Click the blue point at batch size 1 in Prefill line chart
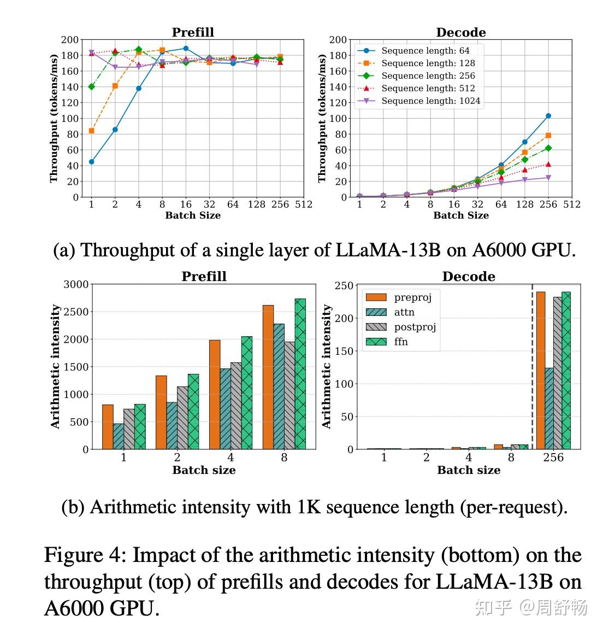click(91, 162)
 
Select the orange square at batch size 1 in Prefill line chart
click(91, 131)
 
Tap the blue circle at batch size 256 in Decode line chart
click(548, 116)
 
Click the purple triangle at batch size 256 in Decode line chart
click(548, 178)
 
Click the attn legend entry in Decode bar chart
click(404, 312)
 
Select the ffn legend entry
click(401, 342)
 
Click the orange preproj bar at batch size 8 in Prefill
click(268, 377)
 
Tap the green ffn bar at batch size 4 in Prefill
click(247, 392)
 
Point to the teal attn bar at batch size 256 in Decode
click(549, 408)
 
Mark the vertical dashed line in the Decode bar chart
click(533, 366)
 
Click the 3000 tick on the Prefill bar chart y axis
click(75, 284)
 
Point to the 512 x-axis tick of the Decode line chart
click(572, 204)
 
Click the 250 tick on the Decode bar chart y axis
click(345, 285)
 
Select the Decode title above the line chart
click(460, 32)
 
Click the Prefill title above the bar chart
click(204, 277)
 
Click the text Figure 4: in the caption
click(85, 555)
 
